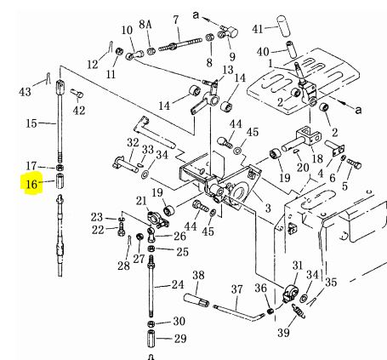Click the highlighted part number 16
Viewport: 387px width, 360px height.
[x=31, y=184]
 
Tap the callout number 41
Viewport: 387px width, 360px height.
[x=258, y=29]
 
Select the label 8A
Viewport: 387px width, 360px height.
[x=145, y=25]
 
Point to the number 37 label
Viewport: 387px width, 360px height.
[x=236, y=289]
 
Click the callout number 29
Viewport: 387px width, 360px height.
[x=180, y=339]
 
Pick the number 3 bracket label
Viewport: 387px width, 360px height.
[x=268, y=209]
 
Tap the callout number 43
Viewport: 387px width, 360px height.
[x=25, y=92]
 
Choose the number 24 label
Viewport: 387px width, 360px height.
[x=178, y=284]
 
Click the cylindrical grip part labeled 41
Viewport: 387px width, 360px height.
[x=283, y=26]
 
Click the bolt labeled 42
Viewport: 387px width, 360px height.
[x=77, y=94]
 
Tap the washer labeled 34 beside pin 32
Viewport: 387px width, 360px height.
[x=145, y=174]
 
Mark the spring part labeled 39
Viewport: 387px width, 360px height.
[x=298, y=310]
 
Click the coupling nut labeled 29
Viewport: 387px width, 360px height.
[x=151, y=339]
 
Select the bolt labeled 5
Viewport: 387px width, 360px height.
[x=354, y=163]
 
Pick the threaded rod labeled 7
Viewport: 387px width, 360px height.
[x=180, y=44]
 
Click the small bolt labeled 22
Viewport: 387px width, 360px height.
[x=121, y=229]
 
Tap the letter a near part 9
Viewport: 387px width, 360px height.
[x=196, y=15]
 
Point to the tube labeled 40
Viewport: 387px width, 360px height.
[x=291, y=49]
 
